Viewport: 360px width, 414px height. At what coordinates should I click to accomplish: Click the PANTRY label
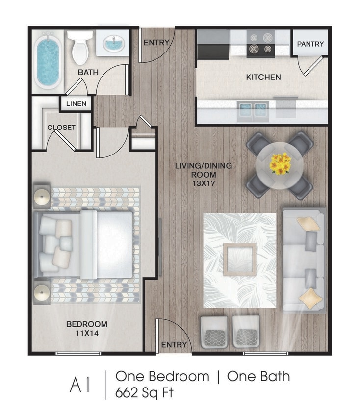pos(310,44)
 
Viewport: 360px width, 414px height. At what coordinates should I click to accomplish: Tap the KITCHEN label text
pos(263,77)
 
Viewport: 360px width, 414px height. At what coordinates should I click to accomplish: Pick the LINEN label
pos(76,104)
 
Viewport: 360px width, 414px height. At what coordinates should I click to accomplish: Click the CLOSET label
pos(61,128)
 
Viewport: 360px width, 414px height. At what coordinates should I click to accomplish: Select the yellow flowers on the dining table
pos(280,163)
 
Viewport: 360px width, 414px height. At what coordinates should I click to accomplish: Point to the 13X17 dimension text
pos(204,183)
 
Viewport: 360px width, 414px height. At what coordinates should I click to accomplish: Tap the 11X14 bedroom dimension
pos(87,334)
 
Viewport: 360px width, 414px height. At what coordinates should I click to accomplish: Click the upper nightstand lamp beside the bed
pos(42,196)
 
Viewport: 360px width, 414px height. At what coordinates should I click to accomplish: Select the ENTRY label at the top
pos(156,43)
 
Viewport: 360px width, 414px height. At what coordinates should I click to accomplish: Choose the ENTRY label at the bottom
pos(174,345)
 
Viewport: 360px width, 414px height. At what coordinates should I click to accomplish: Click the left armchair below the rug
pos(214,332)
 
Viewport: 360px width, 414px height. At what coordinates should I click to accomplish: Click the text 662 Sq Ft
pos(145,393)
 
